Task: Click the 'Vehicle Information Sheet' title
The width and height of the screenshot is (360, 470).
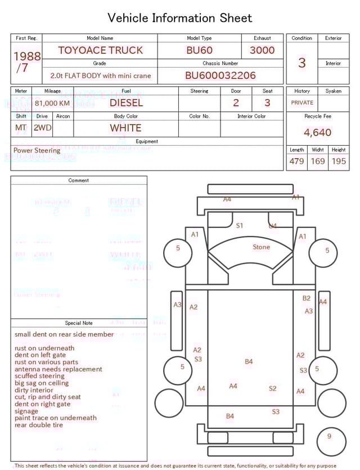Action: point(180,17)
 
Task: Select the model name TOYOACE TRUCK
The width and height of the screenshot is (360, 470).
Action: point(101,50)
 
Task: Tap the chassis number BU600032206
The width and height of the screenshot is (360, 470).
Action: point(220,75)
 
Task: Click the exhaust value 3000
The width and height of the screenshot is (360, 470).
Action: point(262,50)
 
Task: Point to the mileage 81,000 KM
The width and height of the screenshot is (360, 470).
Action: point(52,104)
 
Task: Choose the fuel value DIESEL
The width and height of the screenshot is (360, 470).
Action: point(126,102)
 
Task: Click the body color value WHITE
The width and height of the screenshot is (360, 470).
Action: point(126,128)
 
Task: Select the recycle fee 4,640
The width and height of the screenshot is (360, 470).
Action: point(318,133)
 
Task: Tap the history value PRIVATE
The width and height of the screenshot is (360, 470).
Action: point(302,103)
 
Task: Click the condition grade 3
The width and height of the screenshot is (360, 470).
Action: point(302,62)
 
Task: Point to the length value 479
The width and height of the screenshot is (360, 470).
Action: point(296,161)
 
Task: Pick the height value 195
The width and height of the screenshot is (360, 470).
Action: point(339,161)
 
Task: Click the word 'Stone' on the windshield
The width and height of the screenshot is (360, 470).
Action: point(261,247)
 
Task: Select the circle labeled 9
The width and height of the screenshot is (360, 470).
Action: point(329,436)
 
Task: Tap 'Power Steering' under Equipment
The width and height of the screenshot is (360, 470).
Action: point(37,151)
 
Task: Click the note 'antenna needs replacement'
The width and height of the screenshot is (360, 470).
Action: point(58,369)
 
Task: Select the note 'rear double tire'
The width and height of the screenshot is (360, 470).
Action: point(39,425)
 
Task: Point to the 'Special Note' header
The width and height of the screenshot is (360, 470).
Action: point(79,323)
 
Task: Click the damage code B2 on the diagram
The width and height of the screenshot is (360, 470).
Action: point(307,298)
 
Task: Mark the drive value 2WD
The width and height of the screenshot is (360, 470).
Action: point(42,128)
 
